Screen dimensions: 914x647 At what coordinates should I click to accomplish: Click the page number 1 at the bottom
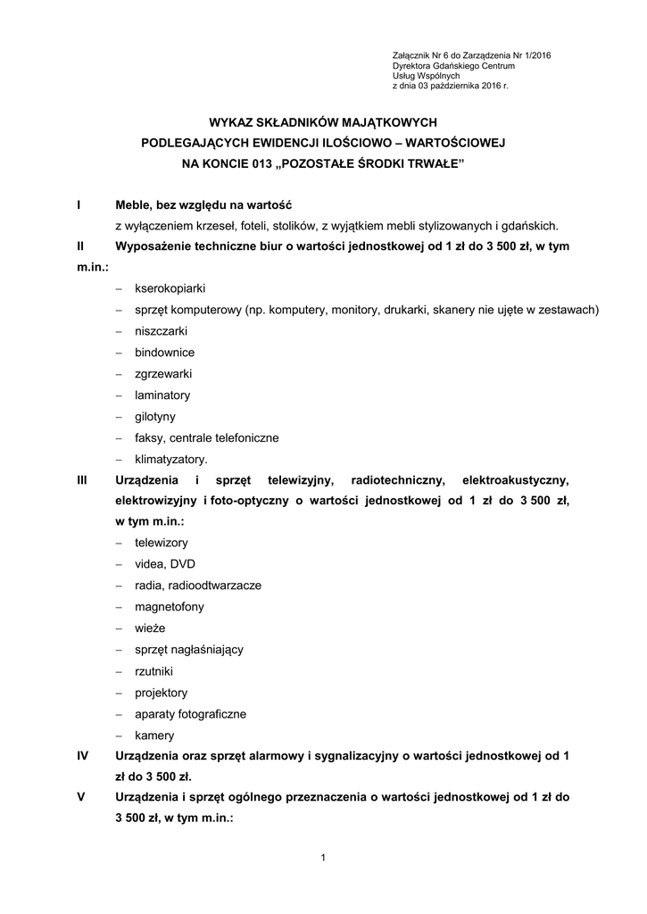click(x=323, y=859)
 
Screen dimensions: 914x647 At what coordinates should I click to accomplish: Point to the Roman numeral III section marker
click(x=82, y=480)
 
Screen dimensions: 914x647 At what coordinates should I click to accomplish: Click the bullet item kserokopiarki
click(x=170, y=288)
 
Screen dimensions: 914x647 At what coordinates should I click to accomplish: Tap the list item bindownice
click(x=164, y=353)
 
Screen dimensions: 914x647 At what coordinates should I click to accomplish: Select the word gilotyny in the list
click(x=155, y=417)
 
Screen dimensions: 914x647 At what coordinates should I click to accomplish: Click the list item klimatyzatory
click(x=170, y=460)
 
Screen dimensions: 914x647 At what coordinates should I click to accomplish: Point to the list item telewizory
click(x=162, y=542)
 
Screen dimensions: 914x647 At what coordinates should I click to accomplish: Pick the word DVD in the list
click(x=183, y=563)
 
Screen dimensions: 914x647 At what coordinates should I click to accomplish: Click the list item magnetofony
click(x=170, y=606)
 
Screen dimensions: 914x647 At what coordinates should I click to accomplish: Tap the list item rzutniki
click(x=153, y=670)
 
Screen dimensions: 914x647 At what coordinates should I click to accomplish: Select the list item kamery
click(x=154, y=735)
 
